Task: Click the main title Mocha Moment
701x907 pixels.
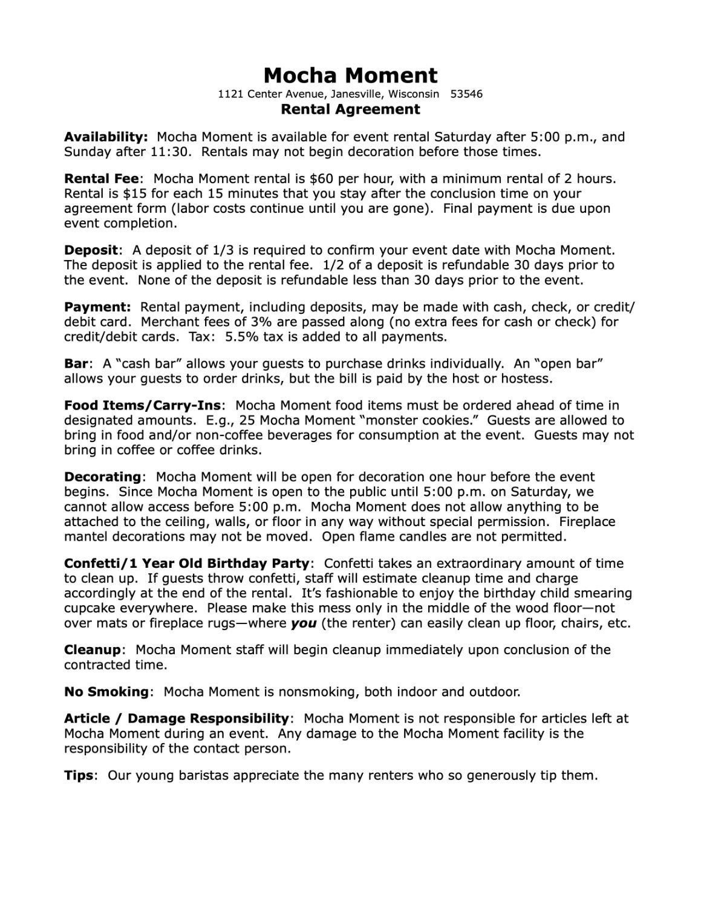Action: click(350, 75)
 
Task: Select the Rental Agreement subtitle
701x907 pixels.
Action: click(350, 109)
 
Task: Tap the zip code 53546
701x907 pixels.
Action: click(467, 94)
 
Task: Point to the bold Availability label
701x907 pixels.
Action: click(106, 137)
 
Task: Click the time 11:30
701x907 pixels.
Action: click(171, 152)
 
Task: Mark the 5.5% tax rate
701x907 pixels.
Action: click(241, 337)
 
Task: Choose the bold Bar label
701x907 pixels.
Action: click(76, 364)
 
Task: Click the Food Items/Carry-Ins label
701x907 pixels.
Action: click(143, 405)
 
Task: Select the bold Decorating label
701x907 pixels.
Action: click(102, 476)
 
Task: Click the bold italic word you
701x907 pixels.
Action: click(304, 623)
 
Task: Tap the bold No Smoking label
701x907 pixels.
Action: click(106, 692)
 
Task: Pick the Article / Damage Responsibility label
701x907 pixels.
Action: click(176, 718)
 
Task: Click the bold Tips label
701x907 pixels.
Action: click(79, 775)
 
